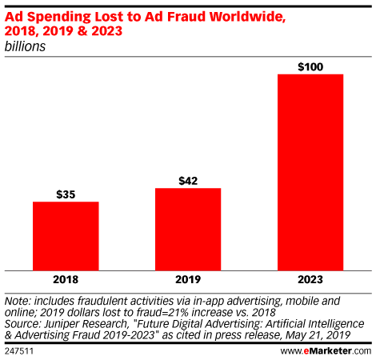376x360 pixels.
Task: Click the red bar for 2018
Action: click(x=66, y=235)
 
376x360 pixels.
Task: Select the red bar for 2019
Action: click(x=188, y=229)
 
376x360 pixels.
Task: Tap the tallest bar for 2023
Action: click(x=310, y=172)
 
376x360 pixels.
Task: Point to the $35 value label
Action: click(x=66, y=194)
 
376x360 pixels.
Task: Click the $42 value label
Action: click(x=188, y=180)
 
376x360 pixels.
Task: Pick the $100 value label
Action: click(x=310, y=66)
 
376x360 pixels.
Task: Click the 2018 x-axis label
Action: click(x=66, y=280)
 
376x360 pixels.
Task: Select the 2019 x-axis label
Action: click(x=188, y=280)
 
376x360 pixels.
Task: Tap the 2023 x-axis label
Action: click(x=310, y=280)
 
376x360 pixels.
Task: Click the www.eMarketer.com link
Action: click(x=326, y=350)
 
